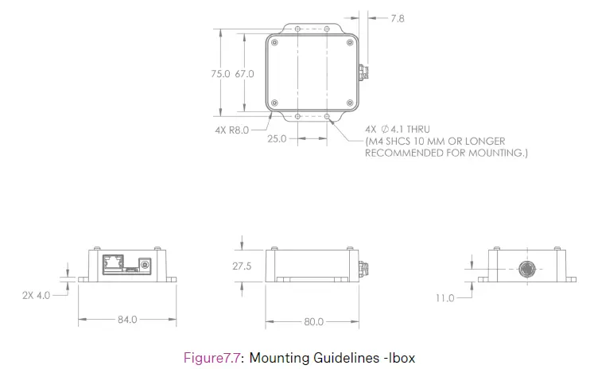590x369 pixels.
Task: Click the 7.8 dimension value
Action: (x=398, y=17)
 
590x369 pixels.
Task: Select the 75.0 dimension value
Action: (x=219, y=73)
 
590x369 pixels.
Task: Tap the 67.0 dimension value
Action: (x=244, y=73)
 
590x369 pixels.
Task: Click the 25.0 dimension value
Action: (x=277, y=138)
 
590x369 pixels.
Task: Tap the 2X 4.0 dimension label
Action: (x=36, y=294)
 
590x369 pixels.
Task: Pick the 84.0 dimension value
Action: (x=127, y=320)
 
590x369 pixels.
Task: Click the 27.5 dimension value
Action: (x=242, y=266)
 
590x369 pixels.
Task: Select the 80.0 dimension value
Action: (x=313, y=322)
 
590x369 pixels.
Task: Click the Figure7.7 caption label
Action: (x=213, y=357)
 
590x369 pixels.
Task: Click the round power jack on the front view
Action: (x=145, y=263)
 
